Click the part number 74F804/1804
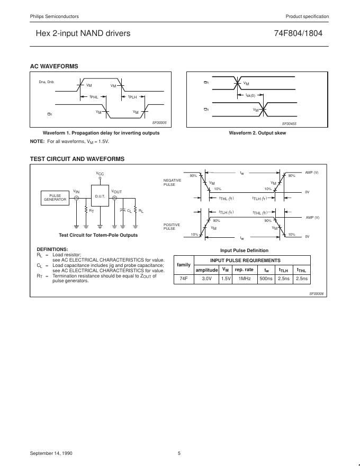coord(298,33)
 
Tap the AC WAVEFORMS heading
coord(55,66)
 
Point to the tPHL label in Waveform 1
coord(94,97)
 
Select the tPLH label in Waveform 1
coord(132,97)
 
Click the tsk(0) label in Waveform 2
coord(250,95)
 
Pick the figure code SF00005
coord(159,122)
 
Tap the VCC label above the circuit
coord(100,174)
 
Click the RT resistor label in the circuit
coord(92,211)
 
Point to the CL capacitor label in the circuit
coord(129,211)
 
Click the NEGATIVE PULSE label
coord(172,182)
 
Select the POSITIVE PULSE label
coord(172,226)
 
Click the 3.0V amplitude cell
coord(206,279)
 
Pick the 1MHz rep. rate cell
coord(244,279)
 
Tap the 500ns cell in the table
coord(266,279)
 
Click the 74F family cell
coord(184,279)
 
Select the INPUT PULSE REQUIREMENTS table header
coord(245,261)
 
